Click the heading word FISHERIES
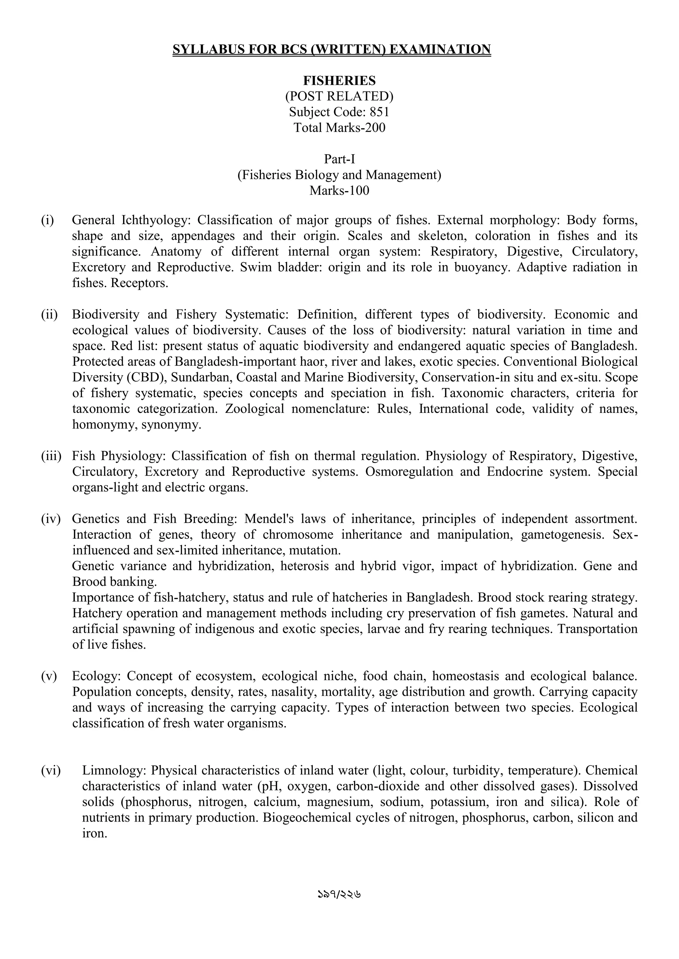pyautogui.click(x=339, y=80)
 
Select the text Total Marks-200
pyautogui.click(x=339, y=127)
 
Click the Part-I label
pyautogui.click(x=339, y=159)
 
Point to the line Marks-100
pyautogui.click(x=339, y=190)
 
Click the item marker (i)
pyautogui.click(x=47, y=220)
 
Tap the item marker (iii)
pyautogui.click(x=51, y=456)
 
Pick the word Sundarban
pyautogui.click(x=200, y=377)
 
